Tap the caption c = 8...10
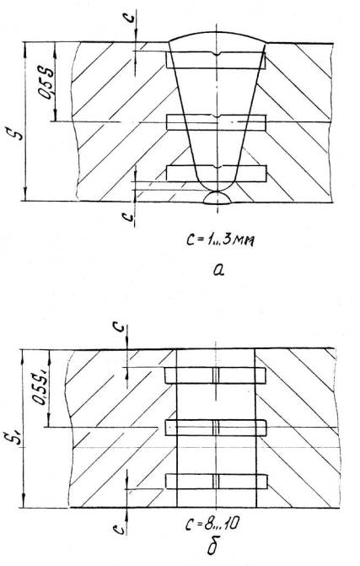[212, 524]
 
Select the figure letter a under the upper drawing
[218, 269]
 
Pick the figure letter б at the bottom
[212, 545]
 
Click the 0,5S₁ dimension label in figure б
[40, 385]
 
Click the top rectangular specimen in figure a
[216, 60]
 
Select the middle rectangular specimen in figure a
[216, 122]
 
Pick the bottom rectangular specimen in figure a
[216, 173]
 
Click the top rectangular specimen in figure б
[215, 375]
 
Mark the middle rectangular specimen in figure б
[216, 428]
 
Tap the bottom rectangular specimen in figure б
[217, 481]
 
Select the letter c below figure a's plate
[127, 216]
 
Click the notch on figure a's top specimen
[217, 54]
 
